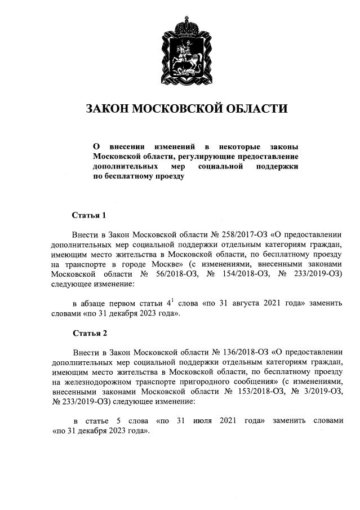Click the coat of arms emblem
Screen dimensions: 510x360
[x=186, y=51]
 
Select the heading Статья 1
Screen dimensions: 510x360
[x=89, y=215]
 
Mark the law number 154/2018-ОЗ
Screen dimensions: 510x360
[x=243, y=274]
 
